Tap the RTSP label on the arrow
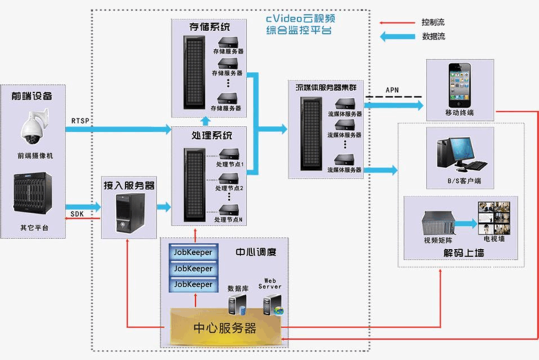coord(81,120)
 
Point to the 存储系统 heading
coord(209,27)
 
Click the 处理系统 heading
coord(209,135)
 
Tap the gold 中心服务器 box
coord(225,328)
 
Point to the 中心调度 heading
coord(256,253)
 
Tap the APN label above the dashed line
coord(392,90)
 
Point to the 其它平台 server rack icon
coord(32,197)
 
